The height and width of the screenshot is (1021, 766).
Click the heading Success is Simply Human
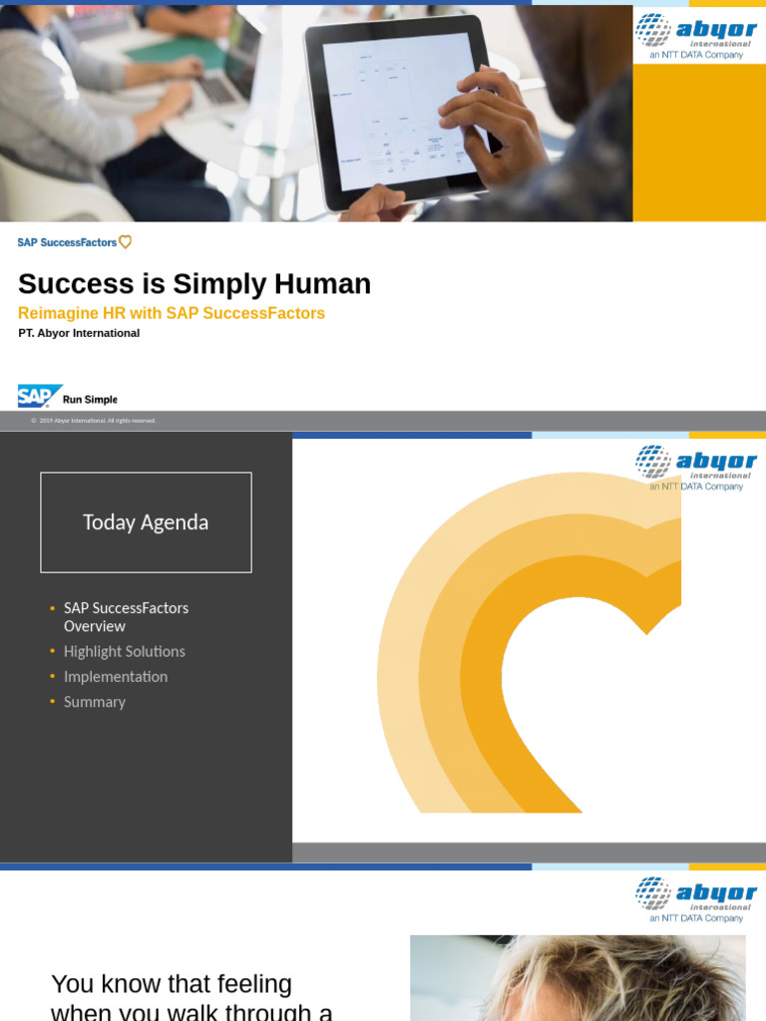click(x=194, y=284)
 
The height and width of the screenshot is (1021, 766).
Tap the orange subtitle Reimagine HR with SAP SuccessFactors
click(x=172, y=313)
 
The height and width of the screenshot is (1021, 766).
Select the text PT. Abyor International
click(x=79, y=333)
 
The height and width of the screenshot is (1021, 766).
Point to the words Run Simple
click(x=90, y=400)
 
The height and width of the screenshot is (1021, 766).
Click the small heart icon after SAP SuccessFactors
click(x=125, y=242)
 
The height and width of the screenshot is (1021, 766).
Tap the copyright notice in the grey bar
click(x=94, y=421)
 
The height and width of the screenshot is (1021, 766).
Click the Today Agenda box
click(x=146, y=522)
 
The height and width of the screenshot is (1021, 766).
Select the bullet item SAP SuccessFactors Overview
click(x=126, y=616)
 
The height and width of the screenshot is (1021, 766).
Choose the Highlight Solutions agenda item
click(x=124, y=651)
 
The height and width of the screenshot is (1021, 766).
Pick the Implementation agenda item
click(x=115, y=676)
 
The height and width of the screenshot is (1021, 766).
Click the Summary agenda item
click(x=94, y=702)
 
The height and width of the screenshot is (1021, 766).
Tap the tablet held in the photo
click(x=399, y=110)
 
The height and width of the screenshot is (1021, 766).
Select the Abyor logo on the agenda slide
click(x=696, y=466)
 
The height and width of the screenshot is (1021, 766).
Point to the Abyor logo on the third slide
click(x=696, y=897)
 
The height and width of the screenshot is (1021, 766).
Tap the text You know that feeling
click(x=172, y=984)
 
